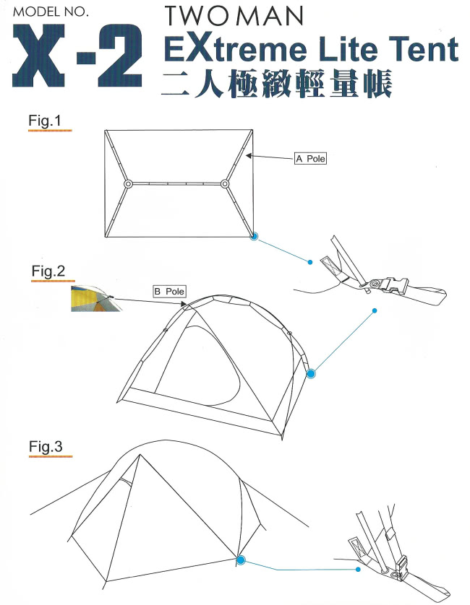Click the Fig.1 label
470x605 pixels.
click(x=45, y=121)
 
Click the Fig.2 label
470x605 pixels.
click(x=48, y=271)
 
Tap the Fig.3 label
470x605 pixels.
click(x=46, y=446)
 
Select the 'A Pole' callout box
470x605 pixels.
click(x=310, y=159)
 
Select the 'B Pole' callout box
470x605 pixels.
click(x=170, y=292)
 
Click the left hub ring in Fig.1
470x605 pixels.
click(x=128, y=184)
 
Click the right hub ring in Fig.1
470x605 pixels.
click(x=225, y=184)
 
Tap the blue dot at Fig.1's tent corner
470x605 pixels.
click(x=254, y=237)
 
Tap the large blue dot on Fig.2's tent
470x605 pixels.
click(x=311, y=373)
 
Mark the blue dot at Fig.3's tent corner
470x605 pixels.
click(x=240, y=560)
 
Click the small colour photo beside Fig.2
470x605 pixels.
click(x=96, y=299)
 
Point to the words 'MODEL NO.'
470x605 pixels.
click(x=51, y=12)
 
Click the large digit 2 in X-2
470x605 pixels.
click(x=120, y=55)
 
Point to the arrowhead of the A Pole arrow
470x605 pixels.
click(x=249, y=156)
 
